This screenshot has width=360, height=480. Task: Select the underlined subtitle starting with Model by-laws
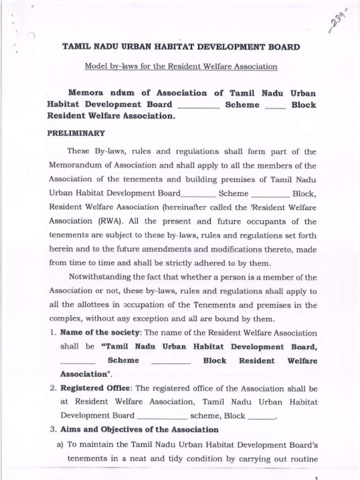[x=181, y=67]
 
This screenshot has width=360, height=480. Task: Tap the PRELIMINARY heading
[x=76, y=133]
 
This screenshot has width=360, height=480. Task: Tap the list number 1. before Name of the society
[x=52, y=333]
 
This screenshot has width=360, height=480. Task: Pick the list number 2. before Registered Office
[x=53, y=389]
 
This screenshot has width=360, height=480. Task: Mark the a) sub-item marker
[x=60, y=444]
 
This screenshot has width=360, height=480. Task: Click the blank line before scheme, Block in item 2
[x=162, y=416]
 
